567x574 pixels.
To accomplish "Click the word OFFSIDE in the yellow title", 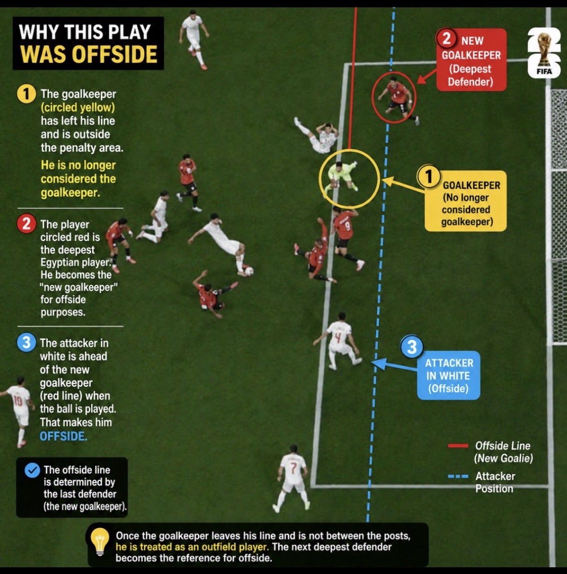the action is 114,54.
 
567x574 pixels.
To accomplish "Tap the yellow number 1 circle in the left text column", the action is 26,94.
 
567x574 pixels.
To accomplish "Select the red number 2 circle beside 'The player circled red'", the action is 26,224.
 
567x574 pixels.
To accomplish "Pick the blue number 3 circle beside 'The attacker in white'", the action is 26,343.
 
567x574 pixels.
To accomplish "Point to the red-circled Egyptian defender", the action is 396,98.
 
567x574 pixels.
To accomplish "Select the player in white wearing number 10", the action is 18,411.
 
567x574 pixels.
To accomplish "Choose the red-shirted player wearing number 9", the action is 346,236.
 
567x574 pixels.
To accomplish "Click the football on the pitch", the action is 249,271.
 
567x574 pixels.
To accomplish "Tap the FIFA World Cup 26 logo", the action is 544,52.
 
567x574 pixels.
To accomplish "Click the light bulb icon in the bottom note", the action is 99,542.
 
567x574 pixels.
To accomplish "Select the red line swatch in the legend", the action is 458,446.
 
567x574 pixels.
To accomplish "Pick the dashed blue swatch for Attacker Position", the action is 458,476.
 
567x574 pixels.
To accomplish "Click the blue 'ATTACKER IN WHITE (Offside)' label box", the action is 448,375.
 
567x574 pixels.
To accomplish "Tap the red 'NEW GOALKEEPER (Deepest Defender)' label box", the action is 471,60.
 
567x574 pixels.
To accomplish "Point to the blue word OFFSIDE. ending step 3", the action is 63,436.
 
